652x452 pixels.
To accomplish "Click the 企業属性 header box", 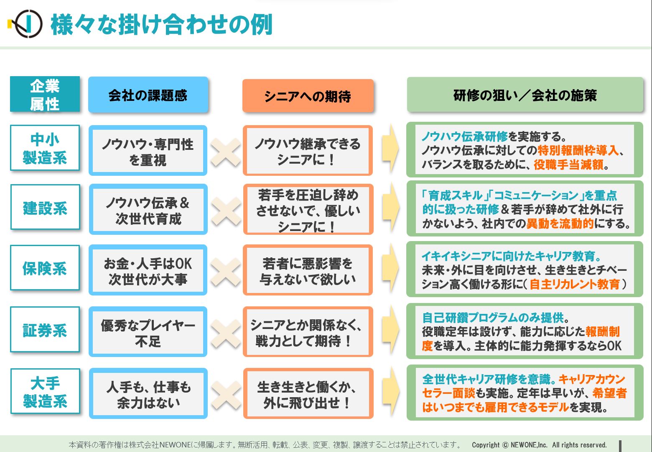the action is pos(45,94).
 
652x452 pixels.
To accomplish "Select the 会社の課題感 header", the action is pos(148,95).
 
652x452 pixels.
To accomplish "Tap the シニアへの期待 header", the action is pos(308,96).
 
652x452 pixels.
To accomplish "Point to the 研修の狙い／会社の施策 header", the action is pos(525,95).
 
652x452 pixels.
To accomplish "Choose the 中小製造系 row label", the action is pos(45,148).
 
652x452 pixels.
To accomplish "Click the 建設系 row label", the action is pos(45,207).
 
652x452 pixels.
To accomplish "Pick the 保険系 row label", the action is pos(45,268).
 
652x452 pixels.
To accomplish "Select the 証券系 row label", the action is pos(45,330).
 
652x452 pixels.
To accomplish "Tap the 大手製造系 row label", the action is pos(45,391).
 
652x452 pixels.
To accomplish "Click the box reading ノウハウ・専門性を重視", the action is pos(148,151).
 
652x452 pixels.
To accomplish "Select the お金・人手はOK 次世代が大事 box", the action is pos(148,270).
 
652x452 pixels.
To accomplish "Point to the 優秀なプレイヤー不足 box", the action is pos(148,332).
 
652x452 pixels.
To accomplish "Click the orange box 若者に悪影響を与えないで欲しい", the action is pos(308,270).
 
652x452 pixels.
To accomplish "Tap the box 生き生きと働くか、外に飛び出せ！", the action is pos(308,394).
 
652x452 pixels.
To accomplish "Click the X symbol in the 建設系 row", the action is pos(226,211).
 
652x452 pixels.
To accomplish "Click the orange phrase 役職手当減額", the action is pos(568,165).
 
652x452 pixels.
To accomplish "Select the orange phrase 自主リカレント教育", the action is pos(575,285).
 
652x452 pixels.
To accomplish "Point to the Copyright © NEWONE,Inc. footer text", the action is pos(539,445).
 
